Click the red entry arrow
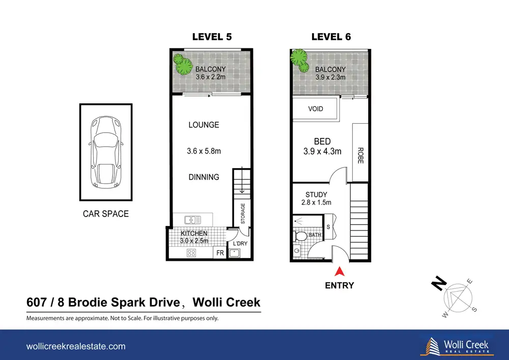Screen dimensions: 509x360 tap(339, 271)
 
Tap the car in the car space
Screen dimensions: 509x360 tap(106, 153)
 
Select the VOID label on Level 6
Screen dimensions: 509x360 tap(316, 109)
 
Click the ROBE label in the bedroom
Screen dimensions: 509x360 tap(360, 155)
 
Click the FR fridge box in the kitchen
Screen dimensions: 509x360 tap(220, 253)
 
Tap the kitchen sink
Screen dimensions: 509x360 tap(193, 220)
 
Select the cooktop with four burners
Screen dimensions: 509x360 tap(191, 253)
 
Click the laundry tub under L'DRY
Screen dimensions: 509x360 tap(234, 253)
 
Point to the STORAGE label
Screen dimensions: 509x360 tap(243, 213)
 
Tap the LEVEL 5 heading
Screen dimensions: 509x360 tap(212, 37)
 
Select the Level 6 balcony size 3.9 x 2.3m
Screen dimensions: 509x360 tap(330, 77)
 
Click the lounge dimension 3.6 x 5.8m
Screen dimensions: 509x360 tap(204, 151)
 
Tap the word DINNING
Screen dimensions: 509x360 tap(204, 177)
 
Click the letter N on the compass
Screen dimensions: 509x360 tap(439, 283)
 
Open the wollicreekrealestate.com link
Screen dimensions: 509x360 tap(76, 346)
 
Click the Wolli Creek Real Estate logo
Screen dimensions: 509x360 tap(457, 346)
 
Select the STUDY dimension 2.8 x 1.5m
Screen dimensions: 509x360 tap(316, 203)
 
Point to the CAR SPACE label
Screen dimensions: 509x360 tap(106, 213)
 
